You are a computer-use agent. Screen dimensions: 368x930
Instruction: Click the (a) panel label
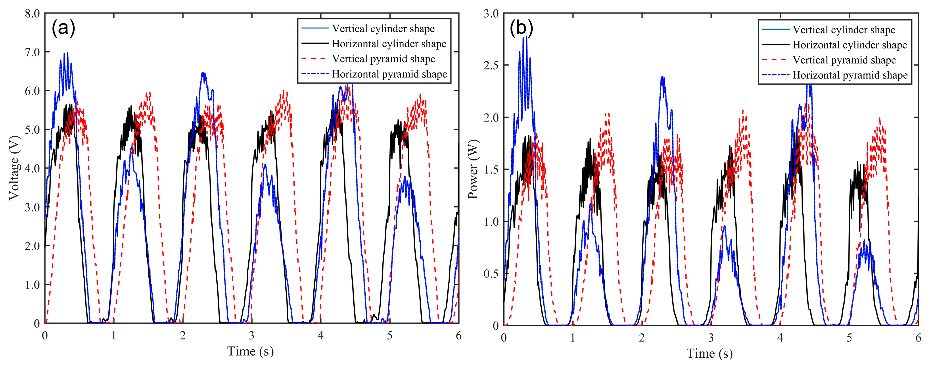(63, 28)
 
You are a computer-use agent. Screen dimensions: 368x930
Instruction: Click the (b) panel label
(521, 28)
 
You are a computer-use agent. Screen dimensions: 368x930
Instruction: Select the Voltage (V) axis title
(14, 168)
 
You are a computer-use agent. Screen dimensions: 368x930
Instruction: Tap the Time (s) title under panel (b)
(709, 353)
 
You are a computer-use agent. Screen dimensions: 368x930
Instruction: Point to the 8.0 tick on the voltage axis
(32, 14)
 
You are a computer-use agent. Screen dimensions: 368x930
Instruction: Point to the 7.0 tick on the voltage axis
(32, 52)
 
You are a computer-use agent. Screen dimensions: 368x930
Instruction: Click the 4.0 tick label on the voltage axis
(32, 169)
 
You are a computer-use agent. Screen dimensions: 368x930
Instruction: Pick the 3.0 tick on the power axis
(491, 14)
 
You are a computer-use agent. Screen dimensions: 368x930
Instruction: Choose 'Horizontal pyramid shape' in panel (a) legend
(389, 74)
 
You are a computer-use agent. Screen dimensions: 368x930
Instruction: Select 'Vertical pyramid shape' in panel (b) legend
(844, 60)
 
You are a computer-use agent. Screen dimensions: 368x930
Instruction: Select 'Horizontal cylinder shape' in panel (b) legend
(849, 45)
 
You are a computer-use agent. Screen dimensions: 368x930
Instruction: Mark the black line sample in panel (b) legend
(775, 44)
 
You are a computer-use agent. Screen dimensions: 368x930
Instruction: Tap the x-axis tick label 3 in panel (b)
(711, 338)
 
